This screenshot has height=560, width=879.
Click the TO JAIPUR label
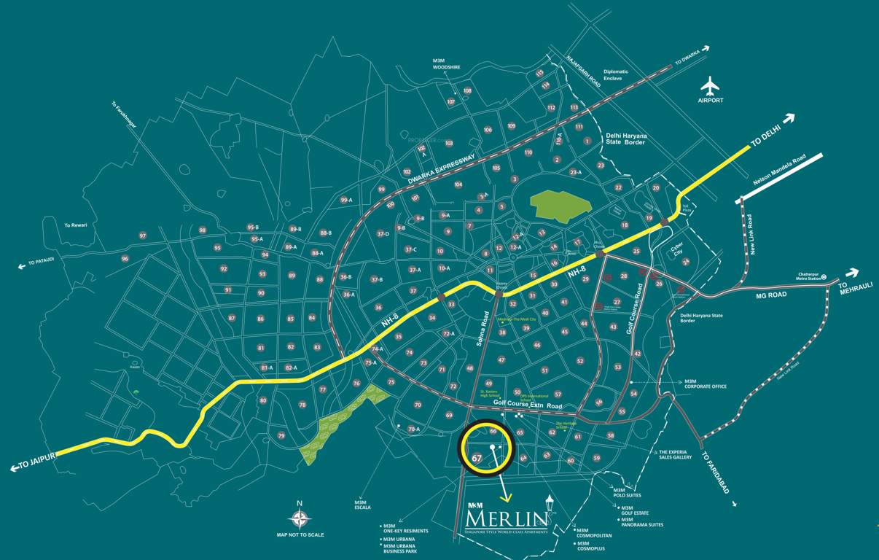pos(33,464)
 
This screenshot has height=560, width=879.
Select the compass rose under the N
pos(299,518)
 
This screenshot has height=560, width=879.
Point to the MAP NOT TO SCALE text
pos(300,534)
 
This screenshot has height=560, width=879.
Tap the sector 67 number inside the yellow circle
pos(477,458)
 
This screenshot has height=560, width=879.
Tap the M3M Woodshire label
pos(446,63)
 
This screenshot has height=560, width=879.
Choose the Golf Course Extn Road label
pos(528,402)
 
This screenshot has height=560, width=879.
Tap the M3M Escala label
pos(362,505)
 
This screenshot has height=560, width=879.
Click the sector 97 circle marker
pos(143,236)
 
